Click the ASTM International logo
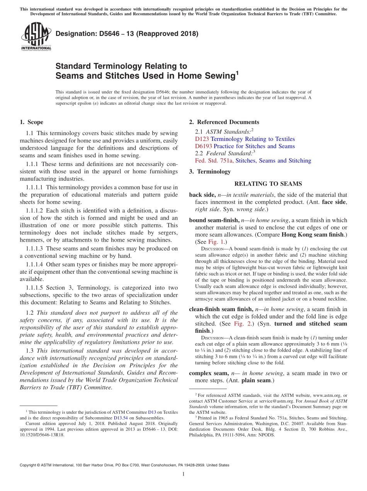pos(36,37)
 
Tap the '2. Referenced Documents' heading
pos(224,122)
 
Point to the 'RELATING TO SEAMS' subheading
pos(268,184)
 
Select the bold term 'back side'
pos(202,195)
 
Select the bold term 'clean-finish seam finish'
pos(221,309)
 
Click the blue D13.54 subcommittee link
pos(120,418)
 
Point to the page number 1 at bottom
pos(183,474)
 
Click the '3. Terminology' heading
pos(210,172)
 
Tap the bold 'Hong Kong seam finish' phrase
pos(312,235)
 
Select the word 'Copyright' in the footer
pos(29,465)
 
